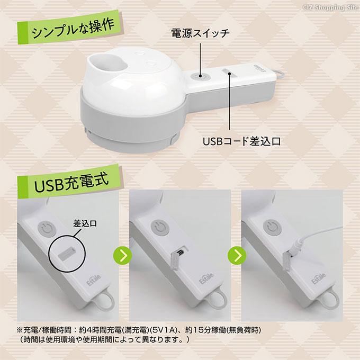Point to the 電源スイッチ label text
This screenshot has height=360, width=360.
pos(200,33)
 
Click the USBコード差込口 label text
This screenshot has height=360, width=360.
pos(241,141)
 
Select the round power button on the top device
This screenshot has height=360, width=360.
pos(200,76)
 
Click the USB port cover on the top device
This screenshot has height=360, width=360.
pos(226,71)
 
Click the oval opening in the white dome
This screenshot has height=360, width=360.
pos(108,62)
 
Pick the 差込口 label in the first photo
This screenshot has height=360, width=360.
pos(85,223)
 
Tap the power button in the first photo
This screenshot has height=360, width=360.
pos(47,229)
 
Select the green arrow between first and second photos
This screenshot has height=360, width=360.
pos(123,256)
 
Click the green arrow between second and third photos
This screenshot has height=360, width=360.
pos(237,256)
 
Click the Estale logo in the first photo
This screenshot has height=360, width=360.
pos(94,280)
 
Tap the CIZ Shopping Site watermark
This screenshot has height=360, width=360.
pos(330,7)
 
